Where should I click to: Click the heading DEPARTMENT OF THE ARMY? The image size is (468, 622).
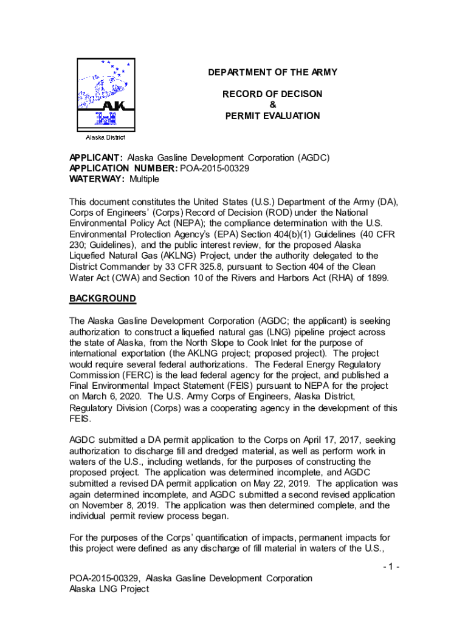pos(272,73)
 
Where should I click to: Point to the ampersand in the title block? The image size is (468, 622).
pos(272,104)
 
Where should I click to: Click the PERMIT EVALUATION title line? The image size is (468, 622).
pos(272,115)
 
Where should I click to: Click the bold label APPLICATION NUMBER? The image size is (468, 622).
pos(123,168)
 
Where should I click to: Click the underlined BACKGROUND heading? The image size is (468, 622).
pos(102,299)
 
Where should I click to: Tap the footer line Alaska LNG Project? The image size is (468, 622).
pos(109,589)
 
